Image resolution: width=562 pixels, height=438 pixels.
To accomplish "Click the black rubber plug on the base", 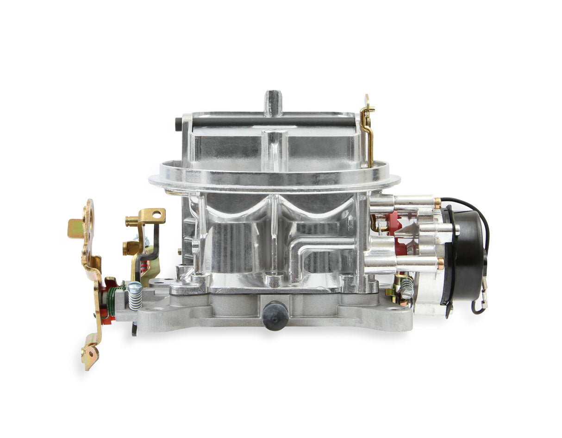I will click(x=275, y=316).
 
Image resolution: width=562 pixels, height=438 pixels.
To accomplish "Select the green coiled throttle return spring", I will click(x=111, y=302).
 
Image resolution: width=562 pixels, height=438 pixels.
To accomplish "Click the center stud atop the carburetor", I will click(x=273, y=102).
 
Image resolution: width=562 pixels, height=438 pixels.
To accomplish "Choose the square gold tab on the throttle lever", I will click(x=75, y=228).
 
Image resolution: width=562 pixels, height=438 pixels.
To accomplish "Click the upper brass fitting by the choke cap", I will click(x=437, y=203).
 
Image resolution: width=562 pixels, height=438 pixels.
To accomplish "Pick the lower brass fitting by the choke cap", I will click(x=441, y=264).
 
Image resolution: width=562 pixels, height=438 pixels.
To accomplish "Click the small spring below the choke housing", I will click(x=407, y=287).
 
